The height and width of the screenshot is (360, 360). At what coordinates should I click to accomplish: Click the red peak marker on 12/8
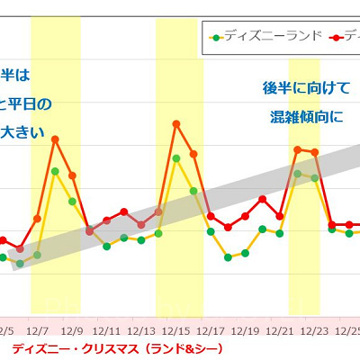[x=55, y=139]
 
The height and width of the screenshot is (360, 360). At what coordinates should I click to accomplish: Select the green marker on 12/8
[x=55, y=171]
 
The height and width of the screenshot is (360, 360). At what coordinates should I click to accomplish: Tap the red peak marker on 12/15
[x=175, y=123]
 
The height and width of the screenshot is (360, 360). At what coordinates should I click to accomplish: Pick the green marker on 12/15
[x=175, y=158]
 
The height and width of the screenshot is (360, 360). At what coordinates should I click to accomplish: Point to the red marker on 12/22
[x=297, y=149]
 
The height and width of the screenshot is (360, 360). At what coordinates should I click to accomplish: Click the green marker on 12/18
[x=228, y=257]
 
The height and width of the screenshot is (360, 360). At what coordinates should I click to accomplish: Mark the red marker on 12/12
[x=124, y=211]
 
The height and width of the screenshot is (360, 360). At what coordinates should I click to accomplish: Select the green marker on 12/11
[x=107, y=246]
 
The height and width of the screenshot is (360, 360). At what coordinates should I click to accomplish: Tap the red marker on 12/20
[x=262, y=199]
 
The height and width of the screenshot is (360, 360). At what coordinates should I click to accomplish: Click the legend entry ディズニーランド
[x=270, y=37]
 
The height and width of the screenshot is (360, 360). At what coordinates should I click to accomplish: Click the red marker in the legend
[x=334, y=37]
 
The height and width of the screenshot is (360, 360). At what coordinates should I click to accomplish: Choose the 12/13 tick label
[x=142, y=331]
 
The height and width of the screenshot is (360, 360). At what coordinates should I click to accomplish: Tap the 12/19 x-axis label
[x=246, y=331]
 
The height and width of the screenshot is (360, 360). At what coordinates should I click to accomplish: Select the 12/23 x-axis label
[x=315, y=331]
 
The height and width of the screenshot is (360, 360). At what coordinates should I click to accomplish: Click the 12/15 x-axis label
[x=176, y=331]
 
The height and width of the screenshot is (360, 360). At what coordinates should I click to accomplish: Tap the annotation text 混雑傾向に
[x=306, y=117]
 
